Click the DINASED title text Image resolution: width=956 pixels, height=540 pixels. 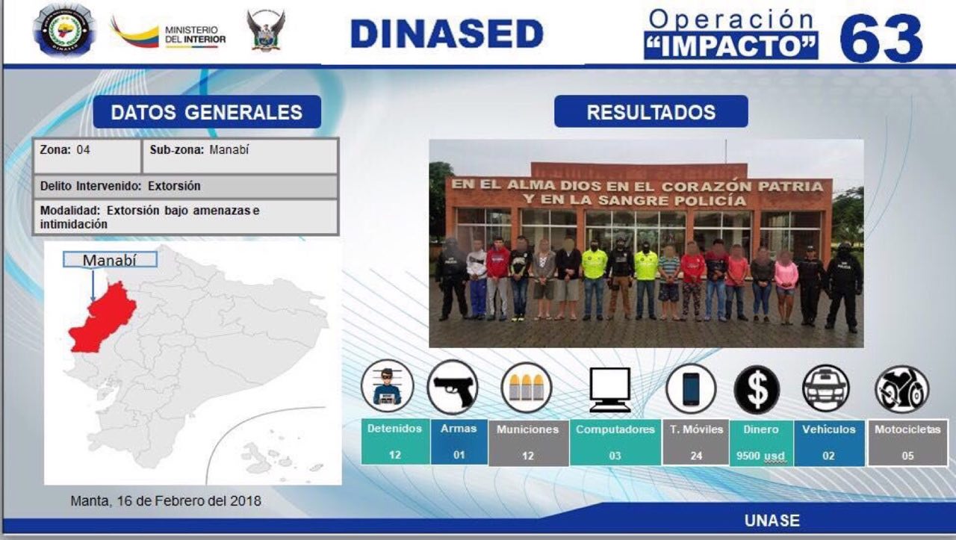447,34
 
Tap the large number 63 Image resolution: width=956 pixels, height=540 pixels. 881,38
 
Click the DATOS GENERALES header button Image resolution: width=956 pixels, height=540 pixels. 207,112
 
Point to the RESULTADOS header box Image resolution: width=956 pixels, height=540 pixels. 651,112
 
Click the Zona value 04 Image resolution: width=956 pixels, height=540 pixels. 83,150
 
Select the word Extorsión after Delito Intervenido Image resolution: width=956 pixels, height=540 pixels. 174,186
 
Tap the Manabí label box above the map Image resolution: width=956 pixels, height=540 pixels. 110,259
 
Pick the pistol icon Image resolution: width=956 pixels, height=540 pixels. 453,387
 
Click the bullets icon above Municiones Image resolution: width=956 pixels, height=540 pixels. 527,388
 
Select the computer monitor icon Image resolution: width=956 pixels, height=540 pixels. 610,389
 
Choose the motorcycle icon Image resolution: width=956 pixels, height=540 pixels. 901,389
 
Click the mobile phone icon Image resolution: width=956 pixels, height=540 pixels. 691,389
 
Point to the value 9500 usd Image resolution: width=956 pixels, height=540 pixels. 760,456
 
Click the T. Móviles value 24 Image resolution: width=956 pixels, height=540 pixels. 696,456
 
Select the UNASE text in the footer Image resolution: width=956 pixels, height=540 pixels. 772,521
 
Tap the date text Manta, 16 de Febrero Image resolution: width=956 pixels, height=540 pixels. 166,500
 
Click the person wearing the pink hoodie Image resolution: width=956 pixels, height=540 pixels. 786,287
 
